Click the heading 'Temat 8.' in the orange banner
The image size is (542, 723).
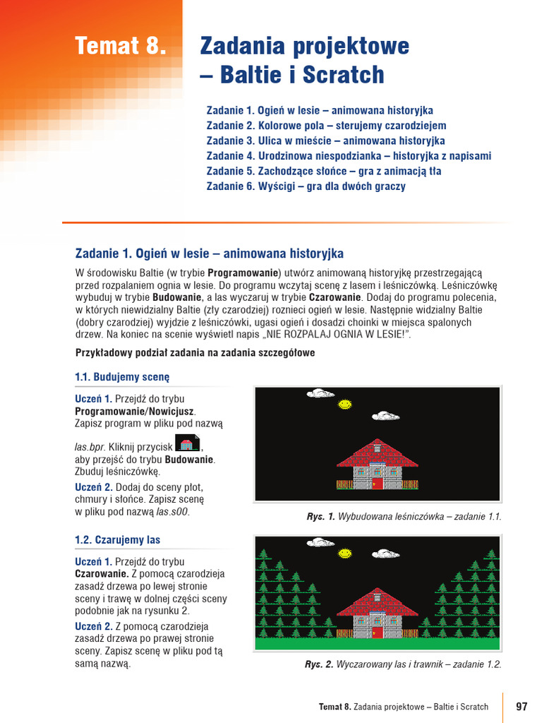click(121, 47)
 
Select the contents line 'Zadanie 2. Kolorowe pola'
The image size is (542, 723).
click(326, 126)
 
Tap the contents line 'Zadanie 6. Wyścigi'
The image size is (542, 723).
click(306, 186)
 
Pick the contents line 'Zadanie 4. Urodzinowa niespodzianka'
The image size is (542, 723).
click(349, 156)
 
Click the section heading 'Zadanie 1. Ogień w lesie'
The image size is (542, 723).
click(209, 253)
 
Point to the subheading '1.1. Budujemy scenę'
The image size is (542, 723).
click(122, 377)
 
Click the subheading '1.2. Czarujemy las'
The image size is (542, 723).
click(117, 540)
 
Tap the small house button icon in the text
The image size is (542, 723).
click(187, 444)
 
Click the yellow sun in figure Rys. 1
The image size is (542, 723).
click(344, 405)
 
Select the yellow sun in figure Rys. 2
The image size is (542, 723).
click(344, 553)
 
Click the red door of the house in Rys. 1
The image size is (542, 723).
click(377, 483)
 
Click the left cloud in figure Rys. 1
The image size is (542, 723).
click(320, 393)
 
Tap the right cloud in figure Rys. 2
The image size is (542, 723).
click(385, 554)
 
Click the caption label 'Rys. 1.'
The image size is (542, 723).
click(320, 517)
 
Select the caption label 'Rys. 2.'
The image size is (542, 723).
click(319, 664)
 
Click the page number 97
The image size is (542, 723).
click(522, 706)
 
